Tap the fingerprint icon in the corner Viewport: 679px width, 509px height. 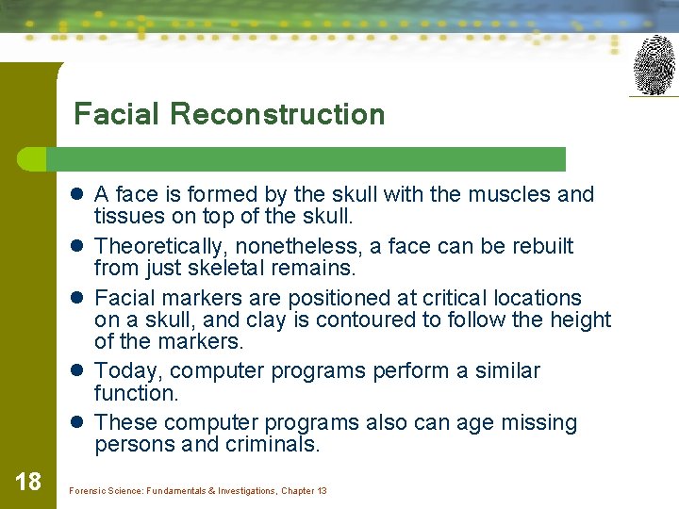coord(654,65)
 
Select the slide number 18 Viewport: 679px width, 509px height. coord(28,482)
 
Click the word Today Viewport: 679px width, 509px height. coord(127,370)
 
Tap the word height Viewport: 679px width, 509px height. coord(579,320)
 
